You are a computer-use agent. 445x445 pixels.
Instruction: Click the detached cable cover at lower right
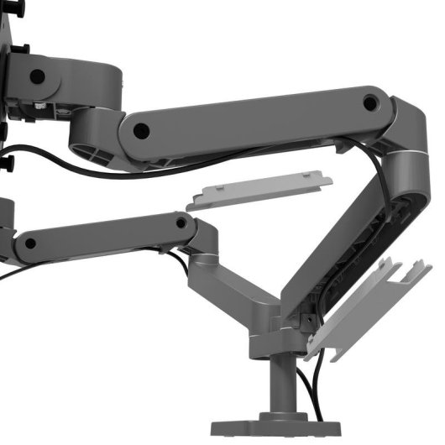(x=374, y=307)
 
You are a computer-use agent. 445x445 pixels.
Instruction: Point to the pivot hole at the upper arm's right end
(x=369, y=103)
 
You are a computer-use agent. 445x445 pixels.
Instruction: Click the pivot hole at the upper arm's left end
(x=141, y=131)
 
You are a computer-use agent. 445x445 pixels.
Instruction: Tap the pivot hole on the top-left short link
(x=36, y=76)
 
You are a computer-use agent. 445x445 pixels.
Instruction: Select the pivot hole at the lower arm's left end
(x=30, y=244)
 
